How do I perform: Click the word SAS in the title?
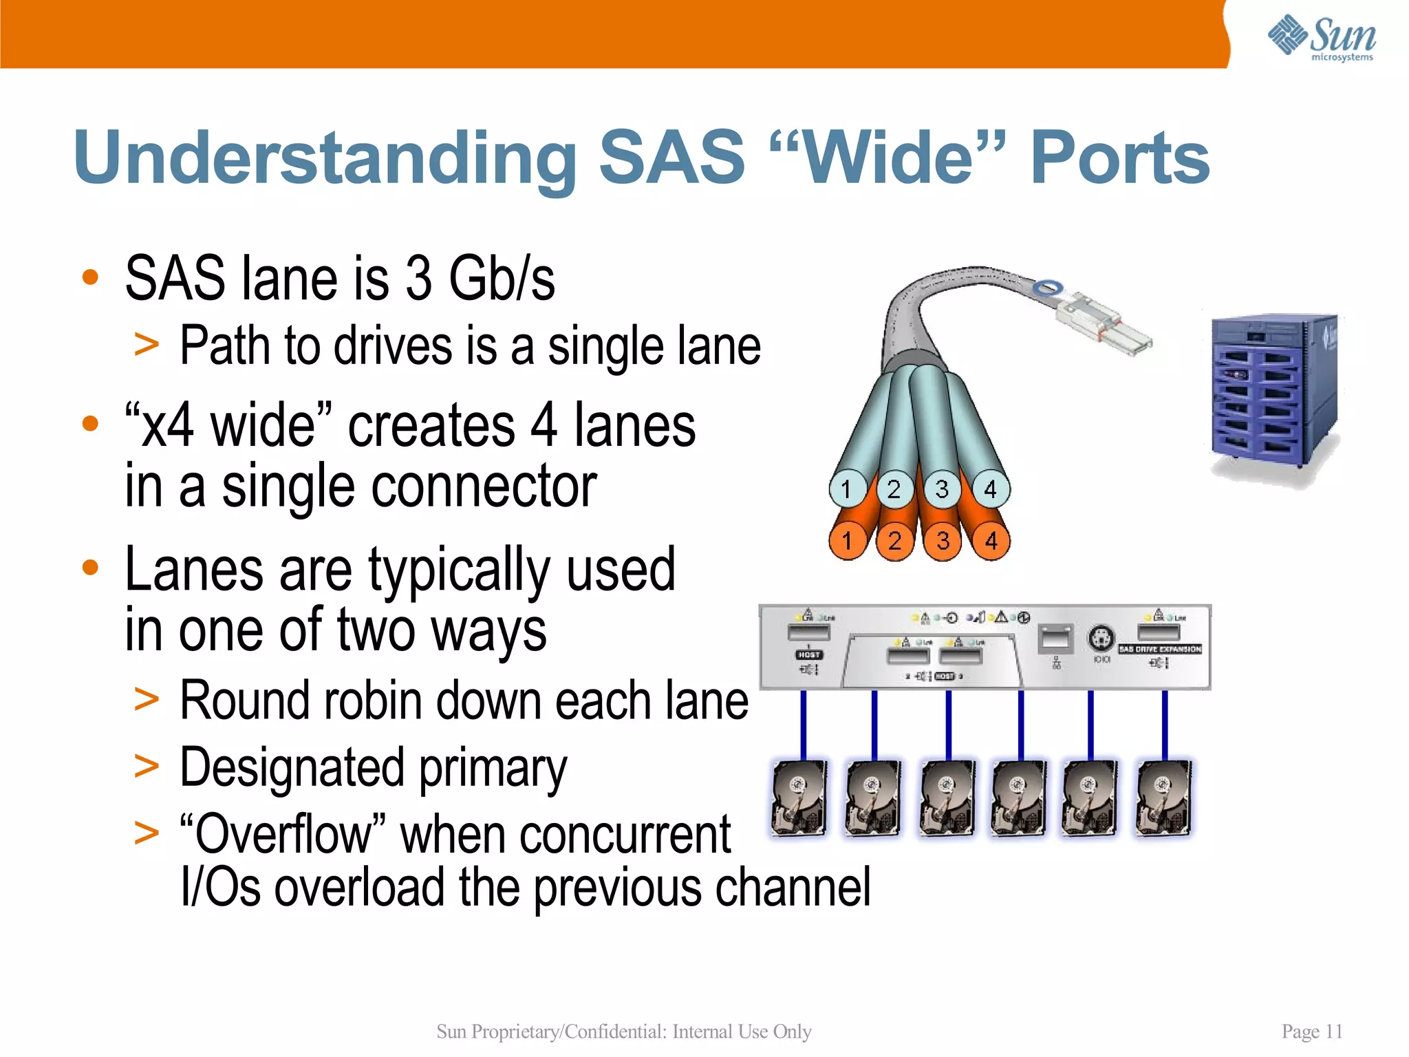[672, 158]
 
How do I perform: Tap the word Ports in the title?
[1119, 159]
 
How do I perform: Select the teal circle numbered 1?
[846, 489]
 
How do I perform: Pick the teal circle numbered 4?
[990, 489]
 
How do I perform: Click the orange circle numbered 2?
[894, 541]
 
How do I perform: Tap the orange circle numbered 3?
[943, 541]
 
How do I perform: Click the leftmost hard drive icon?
[799, 798]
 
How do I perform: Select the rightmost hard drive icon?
[1164, 798]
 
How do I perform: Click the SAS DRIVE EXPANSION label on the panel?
[1160, 649]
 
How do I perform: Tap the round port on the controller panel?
[1101, 638]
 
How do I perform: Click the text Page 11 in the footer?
[1312, 1032]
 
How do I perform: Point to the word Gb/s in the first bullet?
[502, 279]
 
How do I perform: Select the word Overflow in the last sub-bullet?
[283, 834]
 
